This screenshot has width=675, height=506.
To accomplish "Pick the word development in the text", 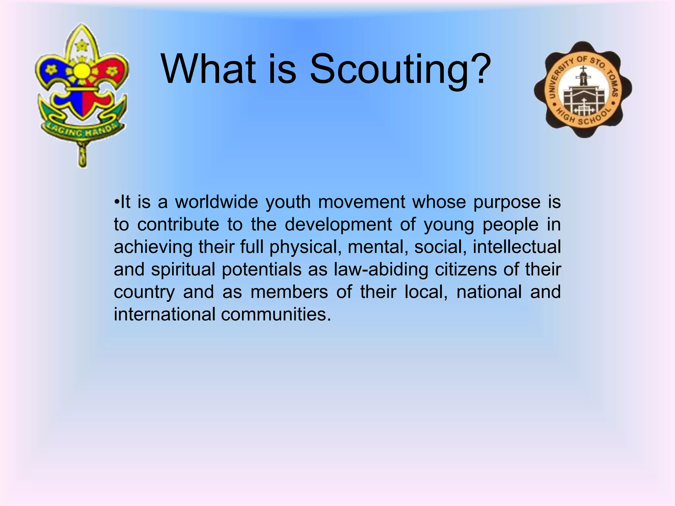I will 338,225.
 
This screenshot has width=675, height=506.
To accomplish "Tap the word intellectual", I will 516,247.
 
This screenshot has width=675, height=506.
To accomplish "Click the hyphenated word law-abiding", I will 381,270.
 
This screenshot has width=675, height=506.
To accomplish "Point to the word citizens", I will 466,269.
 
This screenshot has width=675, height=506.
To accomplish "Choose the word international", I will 164,314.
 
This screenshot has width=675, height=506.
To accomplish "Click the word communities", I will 276,314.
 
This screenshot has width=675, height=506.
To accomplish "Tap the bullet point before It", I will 116,202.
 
